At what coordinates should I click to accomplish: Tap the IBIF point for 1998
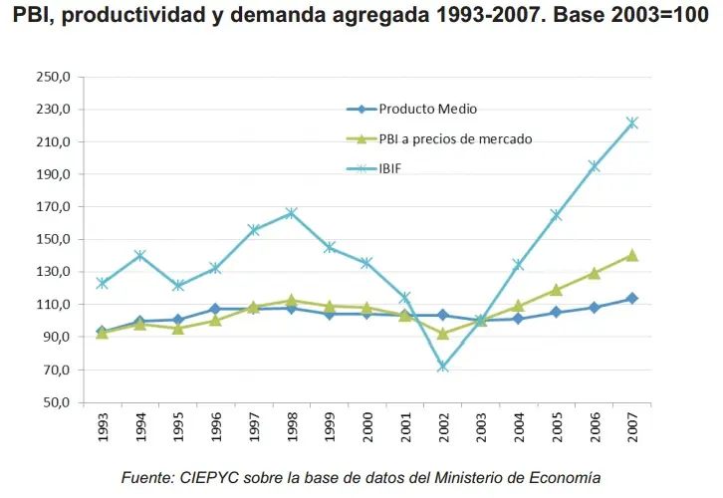click(x=291, y=213)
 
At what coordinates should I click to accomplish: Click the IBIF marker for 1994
click(x=139, y=255)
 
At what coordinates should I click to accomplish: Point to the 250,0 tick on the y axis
click(x=52, y=77)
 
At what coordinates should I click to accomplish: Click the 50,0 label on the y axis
click(x=55, y=402)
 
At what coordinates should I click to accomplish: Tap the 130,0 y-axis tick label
click(x=52, y=272)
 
